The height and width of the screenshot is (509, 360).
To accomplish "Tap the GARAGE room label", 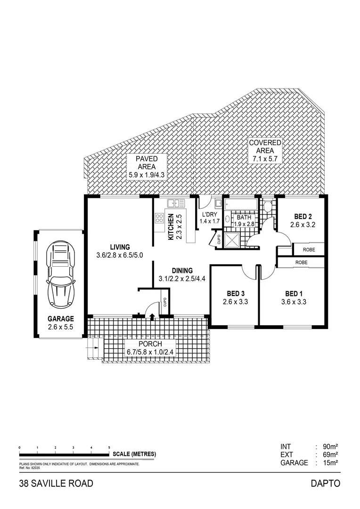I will pyautogui.click(x=60, y=319).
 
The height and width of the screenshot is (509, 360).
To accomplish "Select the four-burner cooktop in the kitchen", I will pyautogui.click(x=159, y=218).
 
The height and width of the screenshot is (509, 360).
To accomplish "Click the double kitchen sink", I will pyautogui.click(x=176, y=203).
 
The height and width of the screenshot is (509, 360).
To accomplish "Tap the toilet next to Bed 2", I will pyautogui.click(x=268, y=206).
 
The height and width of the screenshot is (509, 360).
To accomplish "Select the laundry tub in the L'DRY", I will pyautogui.click(x=219, y=204).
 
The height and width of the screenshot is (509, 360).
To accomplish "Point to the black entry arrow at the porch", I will pyautogui.click(x=152, y=318).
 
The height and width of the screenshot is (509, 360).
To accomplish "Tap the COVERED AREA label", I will pyautogui.click(x=265, y=146).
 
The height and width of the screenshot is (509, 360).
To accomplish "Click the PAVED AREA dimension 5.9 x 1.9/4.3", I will pyautogui.click(x=147, y=175).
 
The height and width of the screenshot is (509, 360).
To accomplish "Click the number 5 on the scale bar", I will pyautogui.click(x=109, y=447).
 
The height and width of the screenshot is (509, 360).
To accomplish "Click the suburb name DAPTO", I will pyautogui.click(x=325, y=483).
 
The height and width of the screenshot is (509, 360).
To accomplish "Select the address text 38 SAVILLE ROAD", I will pyautogui.click(x=56, y=483).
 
